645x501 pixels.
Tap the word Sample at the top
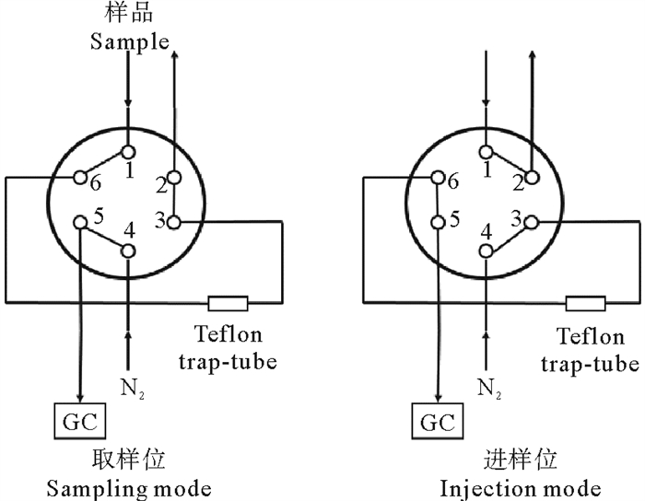[x=130, y=41]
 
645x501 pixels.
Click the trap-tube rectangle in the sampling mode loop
[x=228, y=302]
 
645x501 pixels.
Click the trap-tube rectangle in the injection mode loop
[x=585, y=302]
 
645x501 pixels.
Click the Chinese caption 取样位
[x=129, y=459]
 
